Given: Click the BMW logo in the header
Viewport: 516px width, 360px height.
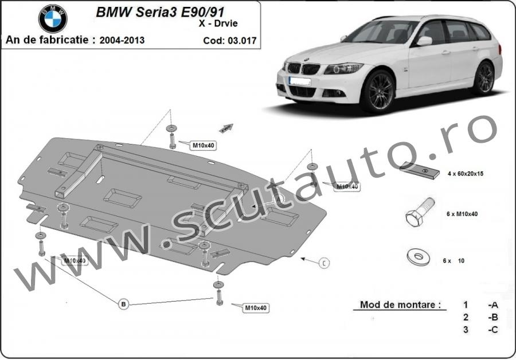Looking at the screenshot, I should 53,19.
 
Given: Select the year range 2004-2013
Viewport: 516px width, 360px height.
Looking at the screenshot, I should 122,40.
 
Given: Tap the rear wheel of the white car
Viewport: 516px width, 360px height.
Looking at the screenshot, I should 483,78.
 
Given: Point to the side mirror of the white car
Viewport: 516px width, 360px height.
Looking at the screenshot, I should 424,41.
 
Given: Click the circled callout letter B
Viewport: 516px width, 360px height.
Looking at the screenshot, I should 123,304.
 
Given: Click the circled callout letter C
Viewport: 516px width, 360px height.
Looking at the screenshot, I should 324,263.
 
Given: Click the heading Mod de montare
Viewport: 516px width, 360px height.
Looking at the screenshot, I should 401,304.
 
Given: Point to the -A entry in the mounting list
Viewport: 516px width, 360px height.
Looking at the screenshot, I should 492,304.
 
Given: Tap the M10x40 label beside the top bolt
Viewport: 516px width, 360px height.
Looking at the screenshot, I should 202,146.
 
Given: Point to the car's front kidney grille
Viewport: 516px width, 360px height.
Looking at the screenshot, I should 303,68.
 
